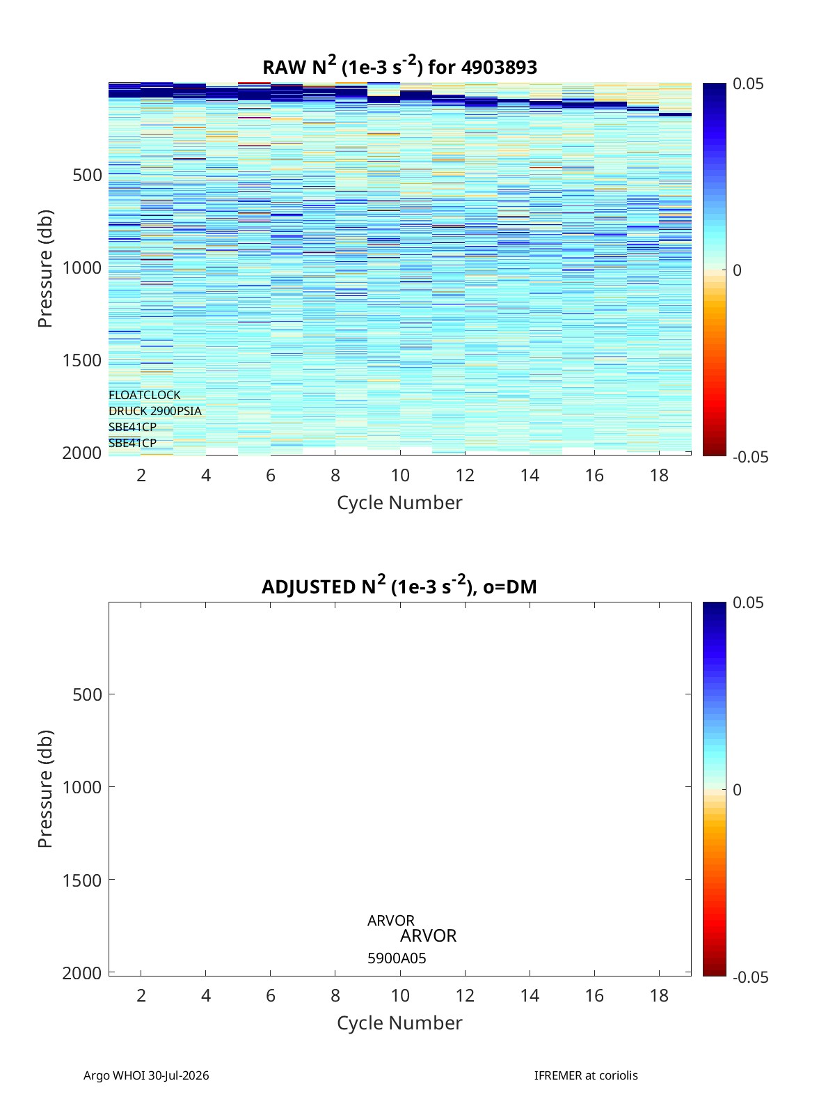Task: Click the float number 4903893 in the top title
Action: (x=499, y=68)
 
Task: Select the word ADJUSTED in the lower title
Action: (x=308, y=586)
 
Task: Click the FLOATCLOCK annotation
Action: (x=145, y=395)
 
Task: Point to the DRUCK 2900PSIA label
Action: (x=155, y=411)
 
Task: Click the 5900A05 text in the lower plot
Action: (x=397, y=958)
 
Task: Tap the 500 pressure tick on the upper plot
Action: (x=88, y=175)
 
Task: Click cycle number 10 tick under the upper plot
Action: (x=400, y=475)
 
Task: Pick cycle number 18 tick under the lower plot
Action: (x=659, y=995)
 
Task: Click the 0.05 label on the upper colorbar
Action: (x=748, y=84)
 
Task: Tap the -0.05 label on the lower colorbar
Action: (x=751, y=977)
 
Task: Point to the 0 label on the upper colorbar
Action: (x=737, y=270)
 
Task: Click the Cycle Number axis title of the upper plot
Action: (x=400, y=503)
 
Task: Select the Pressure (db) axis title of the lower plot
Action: (x=45, y=789)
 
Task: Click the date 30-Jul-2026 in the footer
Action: (x=178, y=1075)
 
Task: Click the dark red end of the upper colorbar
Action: (x=714, y=452)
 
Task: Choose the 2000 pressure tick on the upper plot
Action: (x=82, y=453)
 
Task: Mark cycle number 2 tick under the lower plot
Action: (x=141, y=995)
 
